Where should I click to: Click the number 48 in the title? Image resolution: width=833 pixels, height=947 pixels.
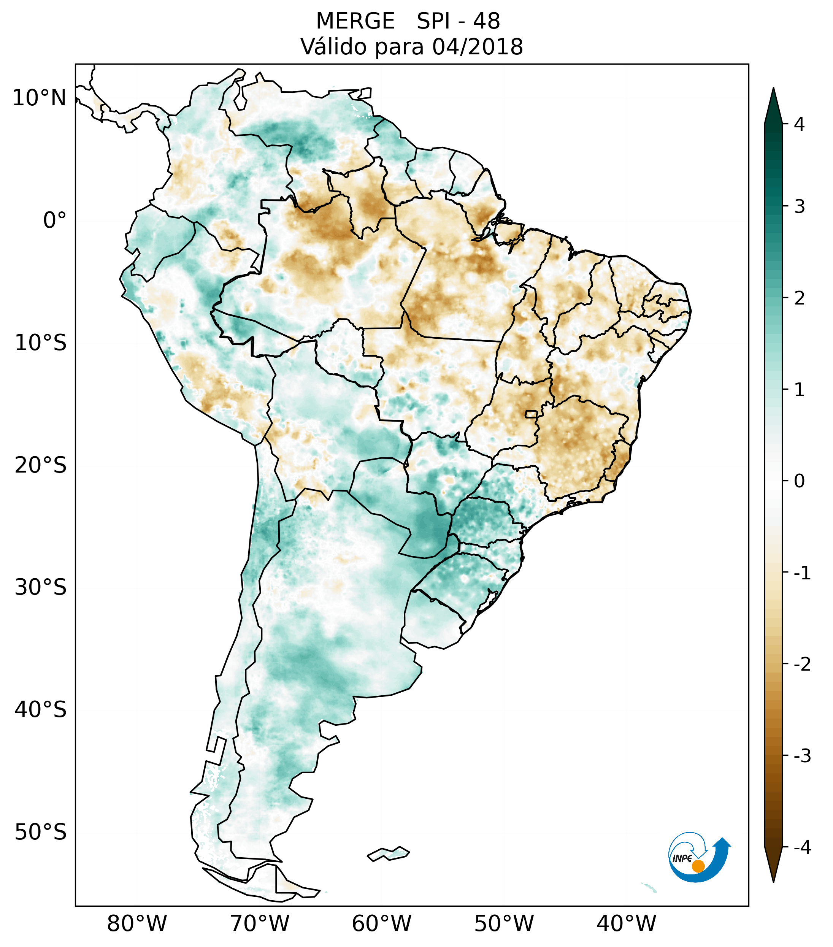(487, 21)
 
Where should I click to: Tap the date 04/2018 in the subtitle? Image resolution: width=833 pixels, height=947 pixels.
(477, 47)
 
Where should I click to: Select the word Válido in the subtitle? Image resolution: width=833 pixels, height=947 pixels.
(333, 47)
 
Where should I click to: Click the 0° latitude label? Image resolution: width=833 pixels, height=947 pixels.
(54, 220)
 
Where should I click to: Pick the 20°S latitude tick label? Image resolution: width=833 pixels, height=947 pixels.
(41, 465)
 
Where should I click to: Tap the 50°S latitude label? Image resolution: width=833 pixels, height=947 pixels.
(41, 832)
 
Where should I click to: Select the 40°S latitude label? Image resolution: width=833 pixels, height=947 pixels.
(41, 710)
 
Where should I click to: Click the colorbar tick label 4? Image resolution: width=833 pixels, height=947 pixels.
(799, 124)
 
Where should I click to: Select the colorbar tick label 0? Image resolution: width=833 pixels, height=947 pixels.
(799, 481)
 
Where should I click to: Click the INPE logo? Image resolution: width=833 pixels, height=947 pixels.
(699, 857)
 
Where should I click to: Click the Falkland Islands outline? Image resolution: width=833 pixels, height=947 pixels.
(388, 853)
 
